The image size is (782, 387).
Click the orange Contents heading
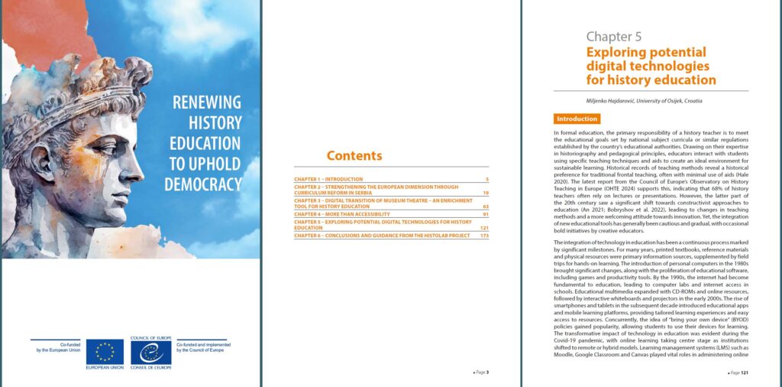tap(354, 156)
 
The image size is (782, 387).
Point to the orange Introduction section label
tap(577, 119)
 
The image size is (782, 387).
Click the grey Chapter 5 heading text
tap(614, 36)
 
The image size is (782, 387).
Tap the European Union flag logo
tap(105, 353)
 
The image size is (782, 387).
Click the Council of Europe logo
tap(150, 353)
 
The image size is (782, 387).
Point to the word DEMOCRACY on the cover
tap(203, 184)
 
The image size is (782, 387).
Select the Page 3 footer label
tap(480, 372)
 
